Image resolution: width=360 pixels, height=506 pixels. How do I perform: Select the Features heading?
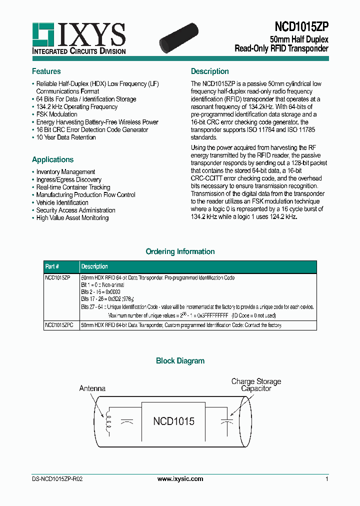46,71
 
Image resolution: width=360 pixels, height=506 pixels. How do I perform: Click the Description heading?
210,71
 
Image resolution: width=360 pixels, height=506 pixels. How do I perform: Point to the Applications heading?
52,159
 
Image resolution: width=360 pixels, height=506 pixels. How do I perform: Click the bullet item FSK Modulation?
56,114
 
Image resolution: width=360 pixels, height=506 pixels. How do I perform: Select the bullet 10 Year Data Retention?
65,137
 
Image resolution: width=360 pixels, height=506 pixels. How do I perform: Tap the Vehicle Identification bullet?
62,202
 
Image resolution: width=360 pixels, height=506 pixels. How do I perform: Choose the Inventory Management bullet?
65,172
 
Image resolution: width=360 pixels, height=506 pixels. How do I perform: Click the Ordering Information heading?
180,251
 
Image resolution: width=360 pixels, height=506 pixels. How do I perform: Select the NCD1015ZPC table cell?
58,325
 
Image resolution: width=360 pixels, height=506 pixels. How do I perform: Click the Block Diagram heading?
180,360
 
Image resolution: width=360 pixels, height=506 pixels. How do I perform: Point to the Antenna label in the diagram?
92,388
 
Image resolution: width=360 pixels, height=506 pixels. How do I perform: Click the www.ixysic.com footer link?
180,479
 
